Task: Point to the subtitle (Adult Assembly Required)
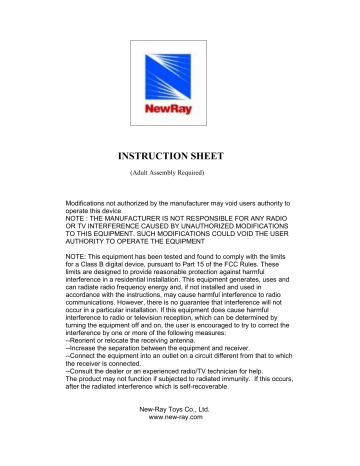180,176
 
